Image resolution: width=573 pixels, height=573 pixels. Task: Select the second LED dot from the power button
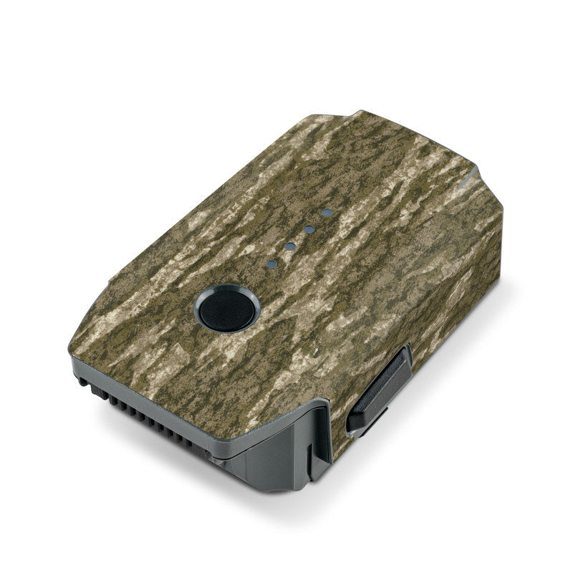pos(291,246)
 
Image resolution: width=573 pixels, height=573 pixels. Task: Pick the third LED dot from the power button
pos(309,229)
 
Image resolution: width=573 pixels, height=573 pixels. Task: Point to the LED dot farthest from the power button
pos(327,213)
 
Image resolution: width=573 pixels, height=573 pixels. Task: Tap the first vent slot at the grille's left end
pos(85,382)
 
